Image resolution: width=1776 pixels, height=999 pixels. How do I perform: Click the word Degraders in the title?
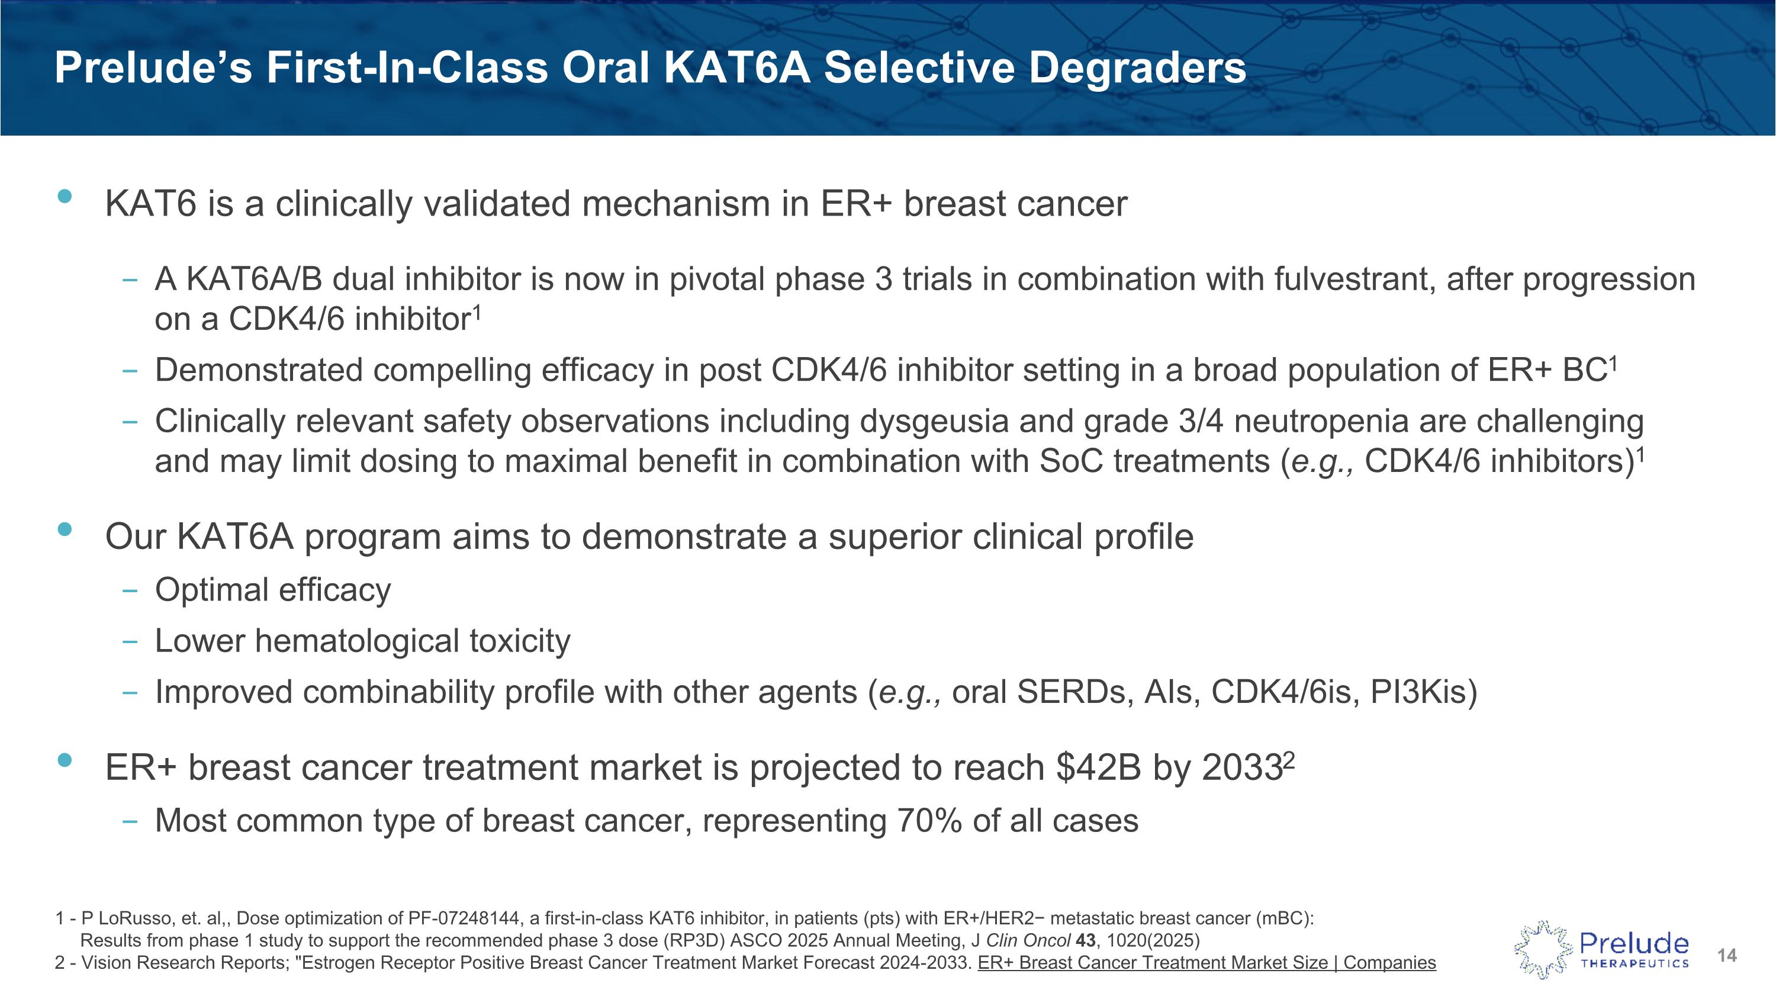click(1138, 68)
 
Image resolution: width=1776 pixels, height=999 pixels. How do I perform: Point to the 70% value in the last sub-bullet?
click(925, 820)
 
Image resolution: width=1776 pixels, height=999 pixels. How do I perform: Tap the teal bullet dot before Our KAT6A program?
click(65, 529)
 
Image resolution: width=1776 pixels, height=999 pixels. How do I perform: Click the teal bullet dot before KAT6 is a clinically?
click(65, 197)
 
